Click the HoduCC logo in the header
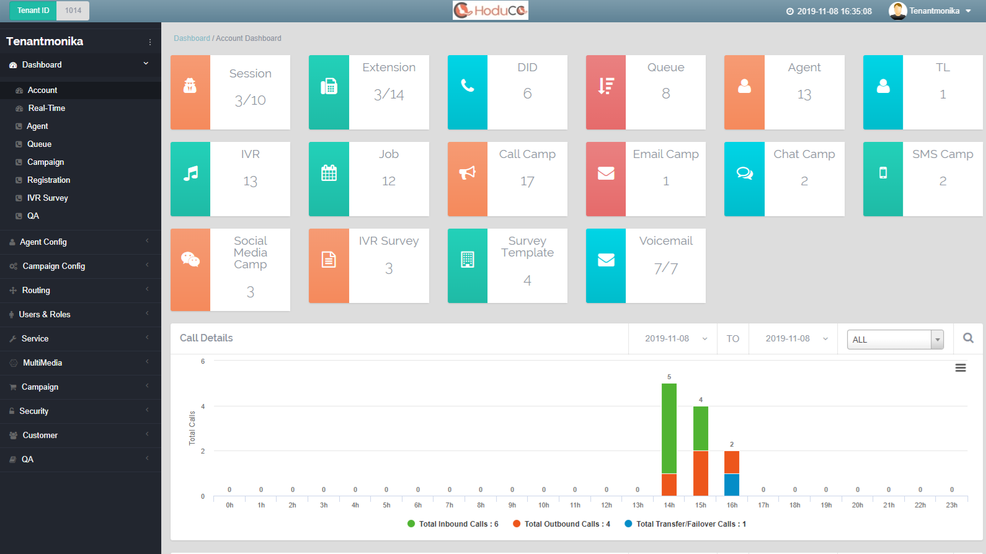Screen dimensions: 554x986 point(491,11)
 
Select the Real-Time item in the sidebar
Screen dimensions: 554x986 point(47,108)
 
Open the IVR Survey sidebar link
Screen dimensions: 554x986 point(47,198)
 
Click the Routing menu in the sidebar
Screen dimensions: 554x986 point(36,290)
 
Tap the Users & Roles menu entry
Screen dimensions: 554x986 point(45,314)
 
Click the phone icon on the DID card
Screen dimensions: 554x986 point(468,87)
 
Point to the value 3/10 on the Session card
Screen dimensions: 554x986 point(250,100)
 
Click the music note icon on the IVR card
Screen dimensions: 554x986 point(190,174)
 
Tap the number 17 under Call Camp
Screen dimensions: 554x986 point(527,182)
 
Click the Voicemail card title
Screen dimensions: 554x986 point(665,241)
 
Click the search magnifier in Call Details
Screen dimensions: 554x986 point(968,338)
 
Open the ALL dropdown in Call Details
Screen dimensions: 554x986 point(895,340)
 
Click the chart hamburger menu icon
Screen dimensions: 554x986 point(961,368)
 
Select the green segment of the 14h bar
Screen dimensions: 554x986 point(669,428)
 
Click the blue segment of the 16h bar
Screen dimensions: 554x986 point(732,485)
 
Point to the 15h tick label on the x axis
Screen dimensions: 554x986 point(701,506)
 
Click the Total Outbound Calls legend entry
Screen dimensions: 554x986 point(561,524)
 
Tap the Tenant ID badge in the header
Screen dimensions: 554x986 point(33,11)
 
